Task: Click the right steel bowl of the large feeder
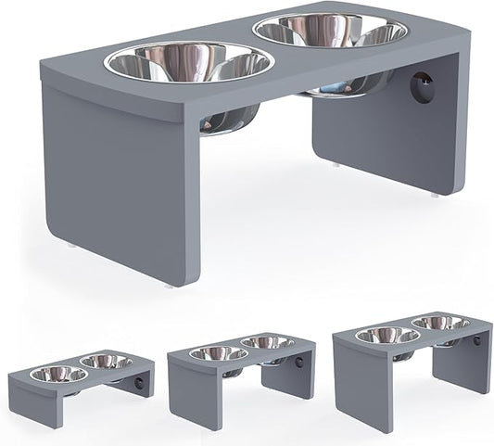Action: pos(330,32)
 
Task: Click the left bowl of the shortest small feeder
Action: pos(59,375)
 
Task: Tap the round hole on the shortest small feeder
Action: pos(139,381)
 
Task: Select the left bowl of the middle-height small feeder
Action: pos(218,353)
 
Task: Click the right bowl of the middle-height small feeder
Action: pos(268,342)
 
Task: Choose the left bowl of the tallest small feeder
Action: pos(387,335)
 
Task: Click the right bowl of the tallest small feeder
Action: pos(441,322)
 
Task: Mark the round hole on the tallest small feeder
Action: pos(476,340)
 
